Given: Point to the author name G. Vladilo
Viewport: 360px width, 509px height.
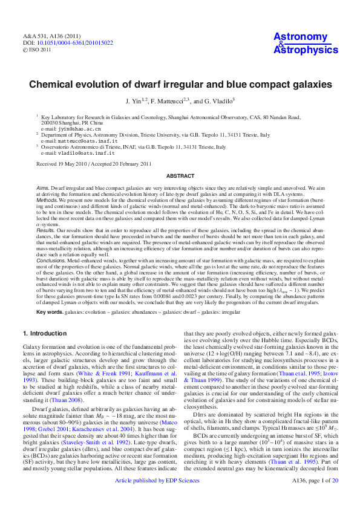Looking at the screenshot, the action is [x=217, y=100].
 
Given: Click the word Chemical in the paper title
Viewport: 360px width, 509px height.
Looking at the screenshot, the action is [x=53, y=84].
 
